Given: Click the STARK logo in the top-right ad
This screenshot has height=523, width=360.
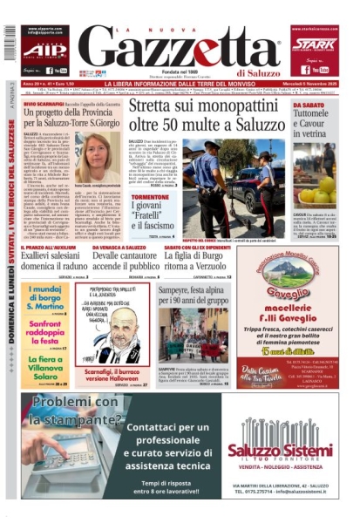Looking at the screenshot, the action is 314,44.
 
